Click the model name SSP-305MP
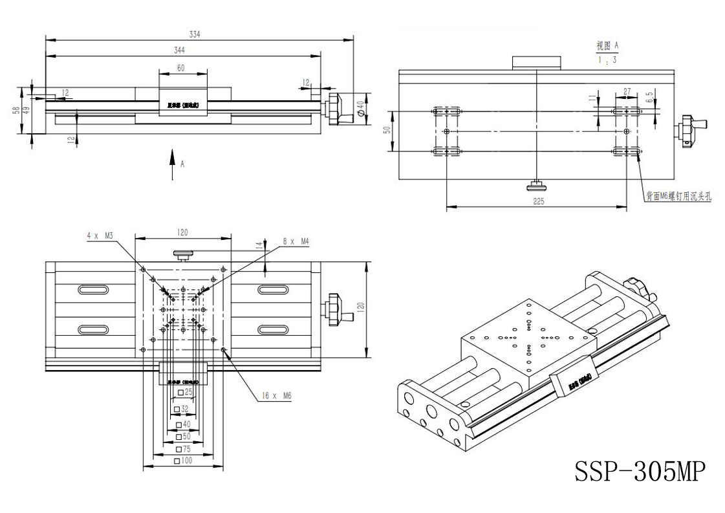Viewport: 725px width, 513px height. pyautogui.click(x=637, y=471)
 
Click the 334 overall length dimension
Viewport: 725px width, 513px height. pyautogui.click(x=195, y=35)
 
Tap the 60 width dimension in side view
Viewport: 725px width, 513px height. pyautogui.click(x=180, y=67)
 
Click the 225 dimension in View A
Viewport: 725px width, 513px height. pyautogui.click(x=538, y=201)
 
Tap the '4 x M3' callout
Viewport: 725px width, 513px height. pyautogui.click(x=100, y=235)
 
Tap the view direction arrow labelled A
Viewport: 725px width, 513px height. pyautogui.click(x=173, y=162)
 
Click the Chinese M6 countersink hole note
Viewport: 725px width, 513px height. pyautogui.click(x=678, y=197)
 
